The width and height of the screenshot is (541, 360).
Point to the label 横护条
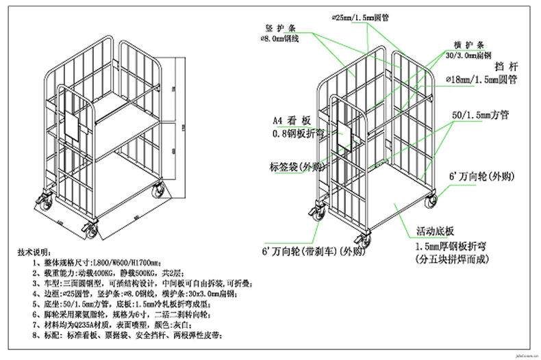pos(466,42)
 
